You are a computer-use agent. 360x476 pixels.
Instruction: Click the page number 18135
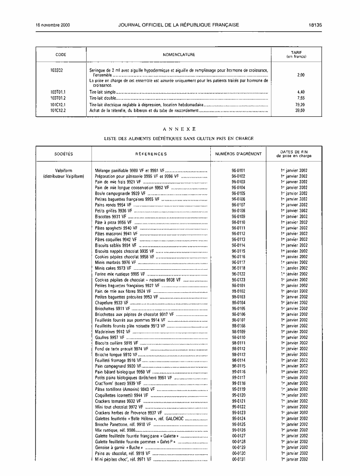click(x=315, y=25)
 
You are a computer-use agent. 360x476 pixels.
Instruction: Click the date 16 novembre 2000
click(x=52, y=25)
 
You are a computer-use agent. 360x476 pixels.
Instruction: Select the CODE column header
click(x=61, y=54)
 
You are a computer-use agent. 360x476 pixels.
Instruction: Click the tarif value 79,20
click(x=300, y=104)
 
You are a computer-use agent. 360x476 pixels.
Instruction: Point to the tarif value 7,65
click(x=301, y=98)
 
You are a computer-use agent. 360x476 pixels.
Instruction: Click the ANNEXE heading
click(x=179, y=129)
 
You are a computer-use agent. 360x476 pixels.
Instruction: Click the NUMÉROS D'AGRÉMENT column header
click(x=238, y=154)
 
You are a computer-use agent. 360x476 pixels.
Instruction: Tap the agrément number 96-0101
click(x=238, y=171)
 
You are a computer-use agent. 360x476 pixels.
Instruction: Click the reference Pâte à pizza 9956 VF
click(x=113, y=223)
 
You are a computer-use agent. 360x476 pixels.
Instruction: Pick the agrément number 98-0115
click(x=238, y=366)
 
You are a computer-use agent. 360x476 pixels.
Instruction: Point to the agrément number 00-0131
click(x=238, y=459)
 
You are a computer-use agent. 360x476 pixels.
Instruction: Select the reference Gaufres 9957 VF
click(x=107, y=338)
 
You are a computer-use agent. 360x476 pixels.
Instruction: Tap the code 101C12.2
click(x=58, y=110)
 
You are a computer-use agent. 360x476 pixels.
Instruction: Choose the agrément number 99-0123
click(x=238, y=413)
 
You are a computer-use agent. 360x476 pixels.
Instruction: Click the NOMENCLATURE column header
click(x=179, y=54)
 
